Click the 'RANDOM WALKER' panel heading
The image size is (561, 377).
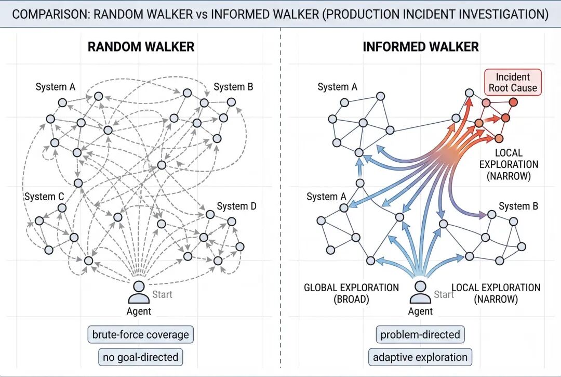141,46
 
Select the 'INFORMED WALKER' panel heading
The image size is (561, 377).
420,46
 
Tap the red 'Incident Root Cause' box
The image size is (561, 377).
512,82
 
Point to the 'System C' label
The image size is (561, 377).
44,197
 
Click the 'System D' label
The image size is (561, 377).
236,206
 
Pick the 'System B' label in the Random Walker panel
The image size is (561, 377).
233,87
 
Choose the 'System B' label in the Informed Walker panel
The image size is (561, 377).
518,206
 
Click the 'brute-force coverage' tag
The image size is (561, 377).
140,334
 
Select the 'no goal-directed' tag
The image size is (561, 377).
140,357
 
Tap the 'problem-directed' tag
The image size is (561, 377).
420,334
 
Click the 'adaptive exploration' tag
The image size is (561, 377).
420,357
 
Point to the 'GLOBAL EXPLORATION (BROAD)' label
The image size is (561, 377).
351,293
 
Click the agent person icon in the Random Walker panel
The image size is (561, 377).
139,292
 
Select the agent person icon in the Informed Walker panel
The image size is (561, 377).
420,292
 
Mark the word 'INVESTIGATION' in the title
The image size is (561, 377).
500,14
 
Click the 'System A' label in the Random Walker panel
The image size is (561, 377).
55,87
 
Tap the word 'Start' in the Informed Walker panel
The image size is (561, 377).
444,295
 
